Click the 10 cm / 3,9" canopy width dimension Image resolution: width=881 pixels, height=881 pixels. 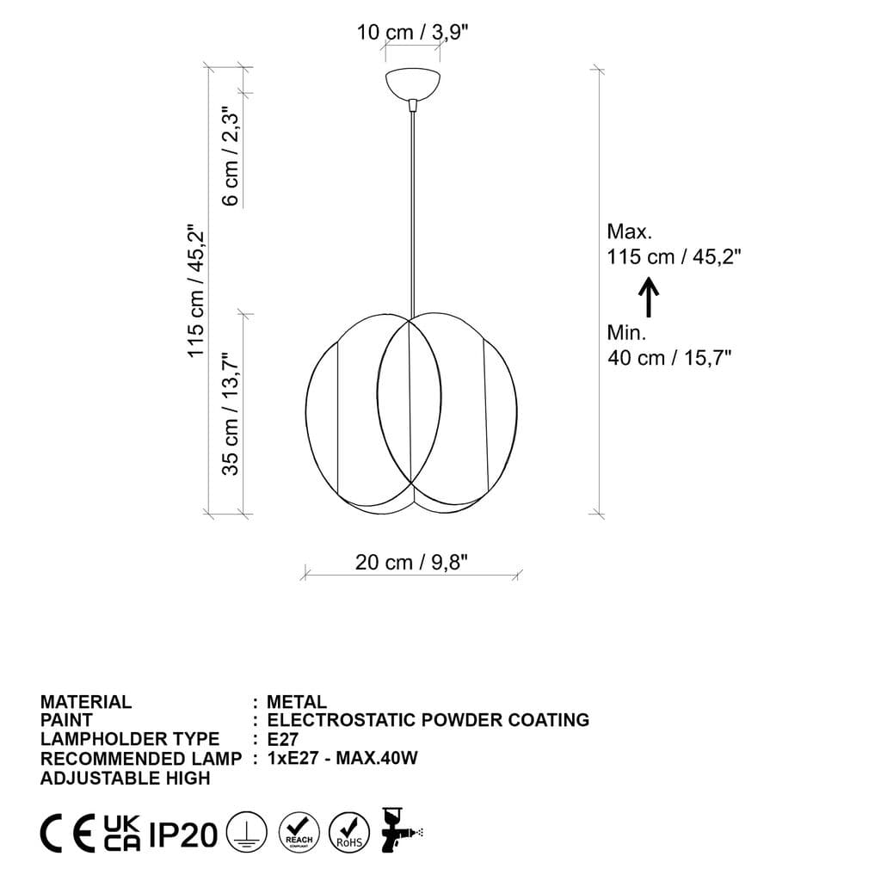click(412, 33)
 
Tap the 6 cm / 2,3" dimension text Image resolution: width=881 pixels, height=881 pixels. click(230, 156)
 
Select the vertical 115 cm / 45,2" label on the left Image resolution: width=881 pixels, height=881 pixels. click(196, 293)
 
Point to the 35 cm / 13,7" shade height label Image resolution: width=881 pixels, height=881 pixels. click(230, 414)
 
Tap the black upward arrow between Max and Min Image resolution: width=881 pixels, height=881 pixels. click(650, 297)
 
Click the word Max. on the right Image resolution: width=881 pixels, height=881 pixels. click(630, 231)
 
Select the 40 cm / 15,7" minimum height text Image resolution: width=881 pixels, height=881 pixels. click(669, 358)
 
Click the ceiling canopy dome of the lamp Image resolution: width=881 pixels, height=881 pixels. click(413, 85)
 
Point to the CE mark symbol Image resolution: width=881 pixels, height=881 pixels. click(68, 834)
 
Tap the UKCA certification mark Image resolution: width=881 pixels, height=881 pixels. click(122, 834)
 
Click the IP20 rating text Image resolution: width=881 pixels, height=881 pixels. click(183, 835)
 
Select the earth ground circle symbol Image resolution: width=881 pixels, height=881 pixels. click(245, 834)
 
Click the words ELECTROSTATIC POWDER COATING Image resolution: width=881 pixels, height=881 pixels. click(428, 720)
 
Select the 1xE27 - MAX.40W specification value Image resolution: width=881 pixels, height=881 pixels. click(342, 758)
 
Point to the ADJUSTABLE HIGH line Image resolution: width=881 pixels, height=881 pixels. click(126, 778)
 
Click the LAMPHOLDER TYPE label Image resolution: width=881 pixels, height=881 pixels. click(130, 739)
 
